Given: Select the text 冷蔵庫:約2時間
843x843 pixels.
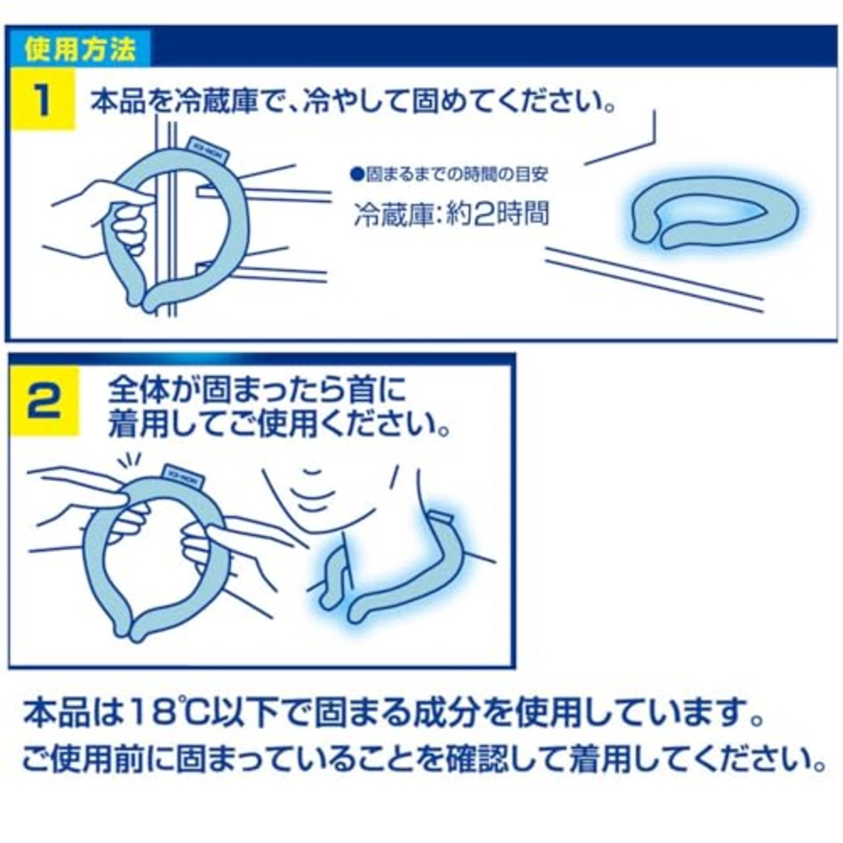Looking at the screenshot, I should click(x=451, y=215).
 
